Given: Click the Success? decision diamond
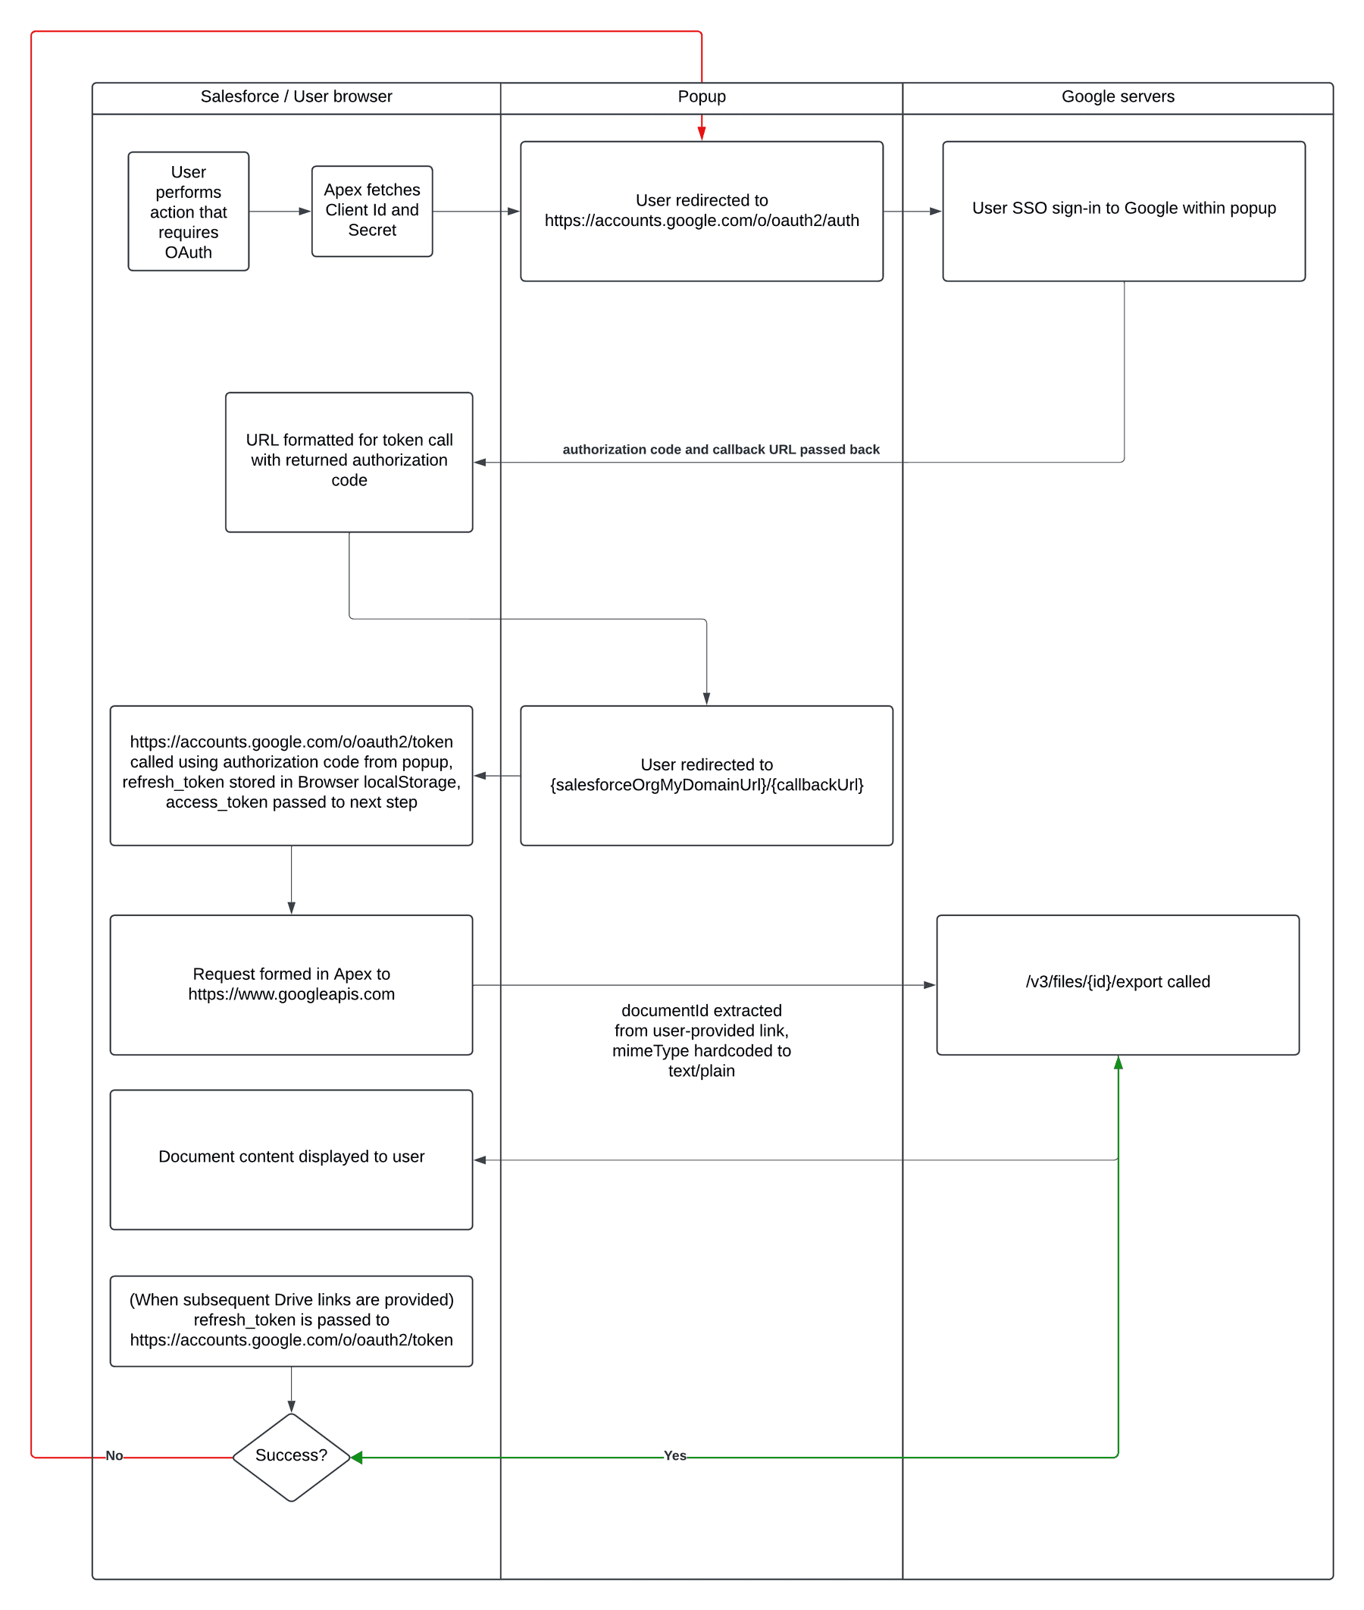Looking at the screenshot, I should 291,1457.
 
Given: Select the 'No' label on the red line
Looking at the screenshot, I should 114,1455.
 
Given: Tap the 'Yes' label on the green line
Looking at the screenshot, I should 674,1455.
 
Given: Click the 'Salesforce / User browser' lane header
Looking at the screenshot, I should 296,97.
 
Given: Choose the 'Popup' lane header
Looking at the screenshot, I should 702,97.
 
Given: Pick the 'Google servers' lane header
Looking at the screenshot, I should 1117,97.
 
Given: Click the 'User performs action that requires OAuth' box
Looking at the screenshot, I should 188,212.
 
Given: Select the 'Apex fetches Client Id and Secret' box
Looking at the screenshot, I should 372,210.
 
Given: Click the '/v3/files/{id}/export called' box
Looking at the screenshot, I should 1117,984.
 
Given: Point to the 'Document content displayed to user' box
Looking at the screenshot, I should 291,1159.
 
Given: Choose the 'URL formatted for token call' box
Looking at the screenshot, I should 349,462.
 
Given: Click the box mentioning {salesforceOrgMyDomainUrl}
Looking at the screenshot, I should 706,775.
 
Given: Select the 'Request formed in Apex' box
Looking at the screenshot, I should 291,984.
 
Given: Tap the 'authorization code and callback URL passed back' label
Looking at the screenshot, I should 721,450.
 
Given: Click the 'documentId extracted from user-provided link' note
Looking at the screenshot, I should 702,1040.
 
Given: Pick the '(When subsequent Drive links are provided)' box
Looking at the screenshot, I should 291,1320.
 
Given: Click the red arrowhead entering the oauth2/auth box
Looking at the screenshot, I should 702,133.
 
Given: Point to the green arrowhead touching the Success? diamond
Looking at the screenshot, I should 356,1458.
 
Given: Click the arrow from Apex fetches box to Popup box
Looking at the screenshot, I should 476,212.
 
